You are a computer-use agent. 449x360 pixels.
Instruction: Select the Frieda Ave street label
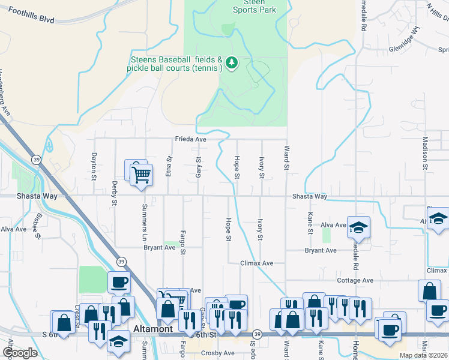(x=191, y=139)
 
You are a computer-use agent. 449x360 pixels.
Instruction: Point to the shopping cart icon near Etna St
(x=141, y=175)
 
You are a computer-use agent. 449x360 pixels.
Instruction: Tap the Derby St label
(x=114, y=191)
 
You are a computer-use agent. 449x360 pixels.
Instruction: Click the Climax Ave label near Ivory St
(x=257, y=263)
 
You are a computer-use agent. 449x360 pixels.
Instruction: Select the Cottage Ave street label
(x=356, y=280)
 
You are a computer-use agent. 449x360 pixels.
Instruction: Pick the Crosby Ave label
(x=217, y=353)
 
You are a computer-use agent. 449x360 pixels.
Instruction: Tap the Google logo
(x=20, y=353)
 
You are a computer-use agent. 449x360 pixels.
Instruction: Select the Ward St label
(x=287, y=156)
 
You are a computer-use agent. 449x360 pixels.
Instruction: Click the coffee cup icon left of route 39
(x=118, y=282)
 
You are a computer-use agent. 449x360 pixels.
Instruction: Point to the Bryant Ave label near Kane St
(x=321, y=250)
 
